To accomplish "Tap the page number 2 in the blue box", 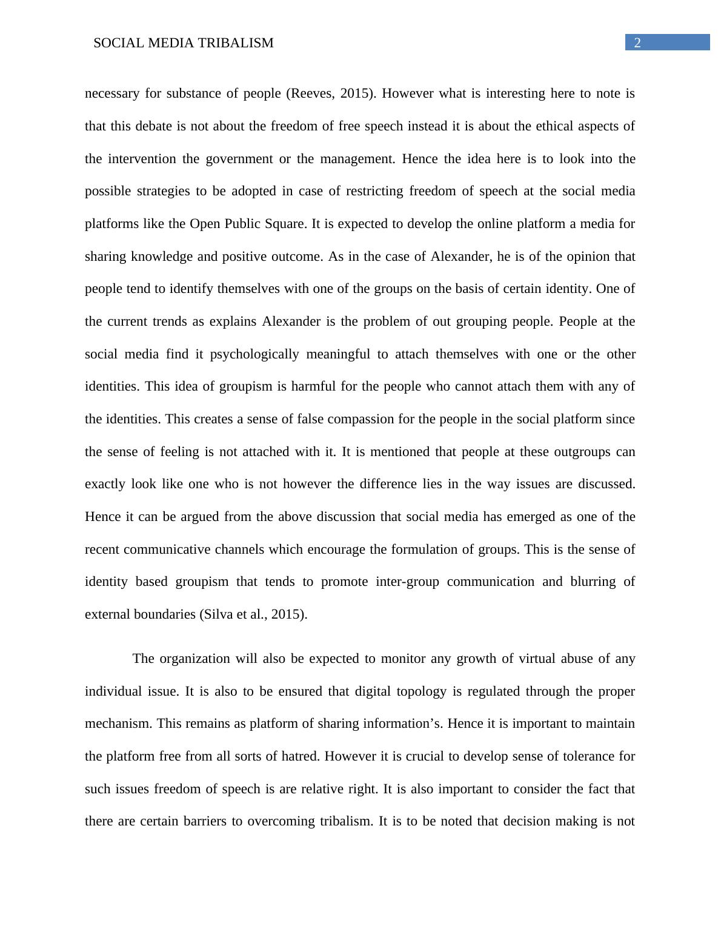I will [x=637, y=42].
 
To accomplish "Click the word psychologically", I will [x=254, y=354].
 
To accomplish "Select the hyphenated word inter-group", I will [x=408, y=582].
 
